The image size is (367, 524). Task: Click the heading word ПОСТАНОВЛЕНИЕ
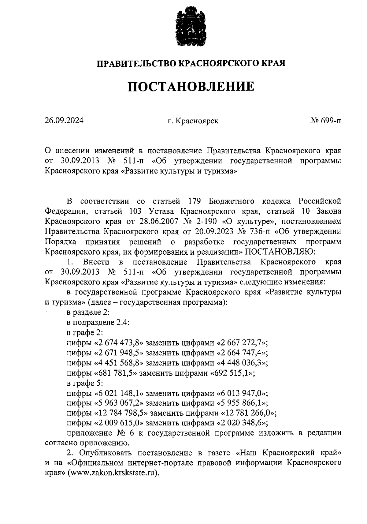pos(191,87)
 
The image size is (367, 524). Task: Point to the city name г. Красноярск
pos(193,121)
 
